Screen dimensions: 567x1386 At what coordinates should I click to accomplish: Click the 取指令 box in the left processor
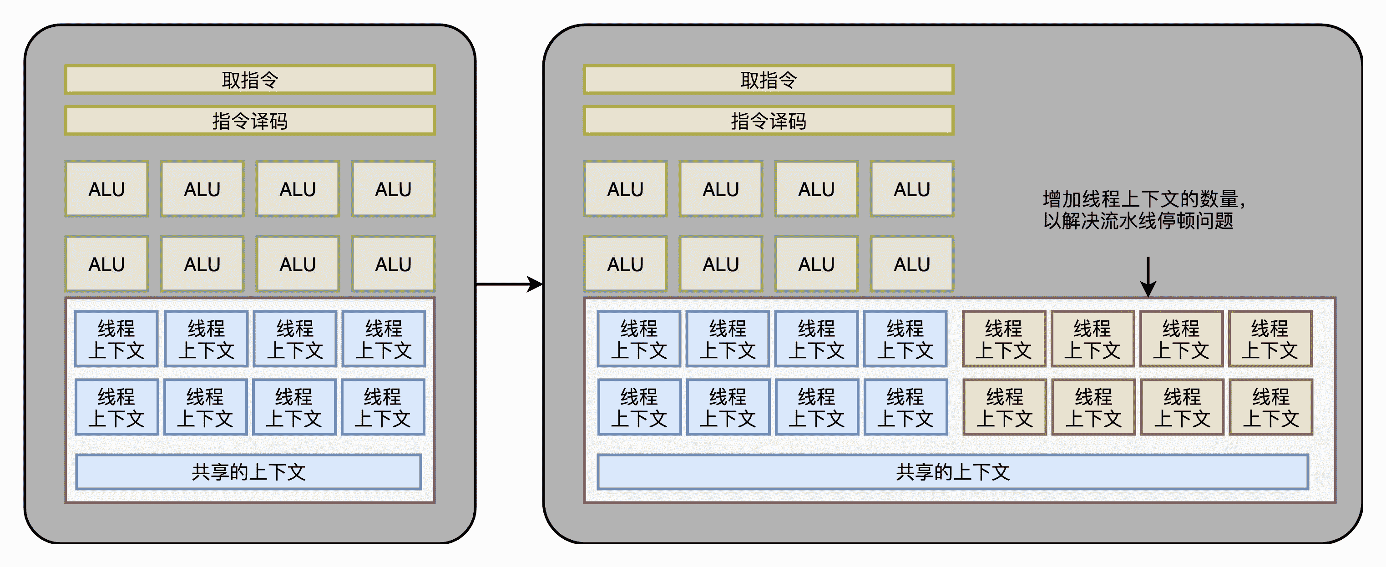[x=250, y=80]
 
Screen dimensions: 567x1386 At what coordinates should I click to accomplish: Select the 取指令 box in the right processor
[x=769, y=80]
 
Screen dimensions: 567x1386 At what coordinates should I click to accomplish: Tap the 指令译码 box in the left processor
[x=250, y=121]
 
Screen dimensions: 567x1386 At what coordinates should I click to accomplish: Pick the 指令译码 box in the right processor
[x=769, y=121]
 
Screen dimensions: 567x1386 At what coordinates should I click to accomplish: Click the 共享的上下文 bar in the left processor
[x=248, y=472]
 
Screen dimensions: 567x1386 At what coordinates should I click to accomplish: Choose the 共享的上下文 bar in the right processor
[x=952, y=472]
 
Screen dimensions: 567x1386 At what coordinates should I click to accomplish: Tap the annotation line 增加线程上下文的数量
[x=1143, y=199]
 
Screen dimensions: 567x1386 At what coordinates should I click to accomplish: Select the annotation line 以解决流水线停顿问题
[x=1138, y=221]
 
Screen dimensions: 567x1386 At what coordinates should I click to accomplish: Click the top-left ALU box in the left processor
[x=106, y=189]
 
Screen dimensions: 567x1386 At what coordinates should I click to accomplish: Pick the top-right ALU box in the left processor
[x=393, y=189]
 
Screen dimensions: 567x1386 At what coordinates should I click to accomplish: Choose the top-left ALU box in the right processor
[x=625, y=189]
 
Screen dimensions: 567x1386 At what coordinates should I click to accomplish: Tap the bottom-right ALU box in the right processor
[x=912, y=264]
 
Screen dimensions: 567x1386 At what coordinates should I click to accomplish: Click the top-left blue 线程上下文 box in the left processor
[x=116, y=339]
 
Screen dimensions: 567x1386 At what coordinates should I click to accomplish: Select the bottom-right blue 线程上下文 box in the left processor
[x=383, y=407]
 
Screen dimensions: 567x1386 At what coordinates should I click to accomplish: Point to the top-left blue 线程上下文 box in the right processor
[x=639, y=339]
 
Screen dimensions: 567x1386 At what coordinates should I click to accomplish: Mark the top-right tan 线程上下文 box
[x=1270, y=339]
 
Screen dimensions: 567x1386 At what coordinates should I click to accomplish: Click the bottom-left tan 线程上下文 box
[x=1005, y=407]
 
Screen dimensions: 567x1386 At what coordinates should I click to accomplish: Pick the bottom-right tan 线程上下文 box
[x=1271, y=407]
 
